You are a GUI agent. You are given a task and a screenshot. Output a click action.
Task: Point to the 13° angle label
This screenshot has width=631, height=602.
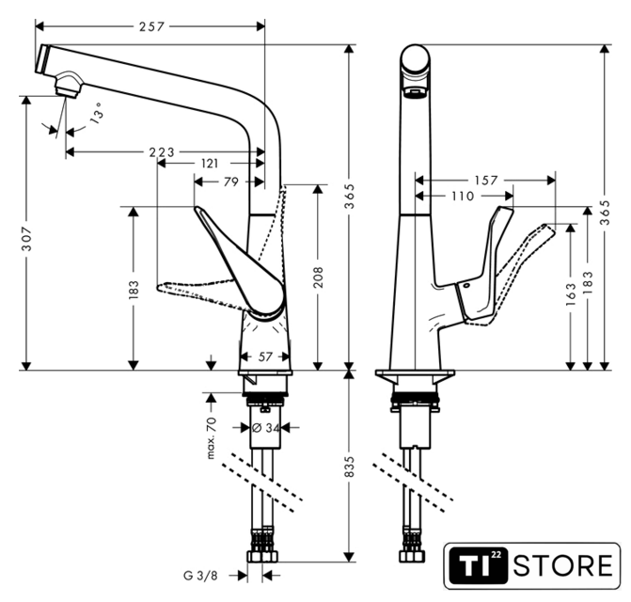pyautogui.click(x=98, y=117)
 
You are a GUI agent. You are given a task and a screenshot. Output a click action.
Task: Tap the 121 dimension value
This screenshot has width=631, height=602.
pyautogui.click(x=211, y=164)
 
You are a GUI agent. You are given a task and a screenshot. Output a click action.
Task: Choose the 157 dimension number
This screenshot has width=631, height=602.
pyautogui.click(x=484, y=180)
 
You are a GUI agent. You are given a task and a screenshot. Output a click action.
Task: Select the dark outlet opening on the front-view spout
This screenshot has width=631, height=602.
pyautogui.click(x=414, y=93)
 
